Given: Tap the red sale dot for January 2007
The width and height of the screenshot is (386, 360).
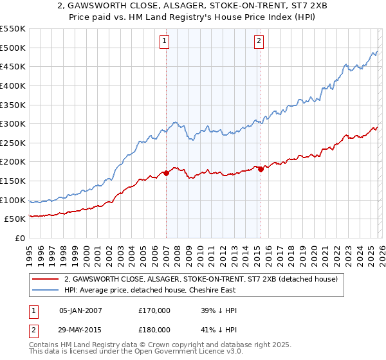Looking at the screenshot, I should [x=166, y=173].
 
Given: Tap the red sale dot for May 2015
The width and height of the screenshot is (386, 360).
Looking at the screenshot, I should [x=261, y=169].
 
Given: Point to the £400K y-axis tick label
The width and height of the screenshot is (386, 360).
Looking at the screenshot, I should [x=13, y=85].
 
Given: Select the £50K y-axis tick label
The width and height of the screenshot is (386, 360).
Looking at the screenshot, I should [x=15, y=219].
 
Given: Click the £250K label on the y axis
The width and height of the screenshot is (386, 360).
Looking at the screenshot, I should [x=13, y=143].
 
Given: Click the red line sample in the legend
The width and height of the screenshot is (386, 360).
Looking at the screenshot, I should [x=46, y=279].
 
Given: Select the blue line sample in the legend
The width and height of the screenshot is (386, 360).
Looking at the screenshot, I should [x=46, y=290].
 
